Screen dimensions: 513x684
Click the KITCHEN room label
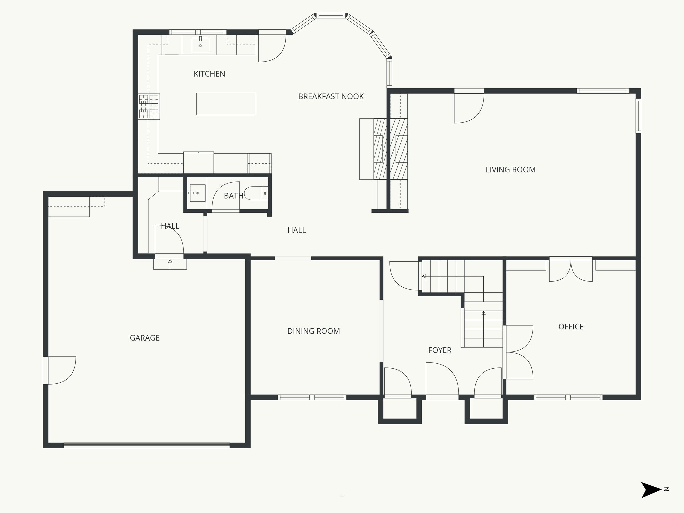(209, 74)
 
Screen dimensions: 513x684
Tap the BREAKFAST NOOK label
(331, 97)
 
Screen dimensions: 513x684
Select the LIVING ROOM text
(510, 170)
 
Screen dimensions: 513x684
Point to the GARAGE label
(145, 338)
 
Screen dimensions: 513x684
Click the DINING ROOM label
(313, 331)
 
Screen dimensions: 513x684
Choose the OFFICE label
(571, 327)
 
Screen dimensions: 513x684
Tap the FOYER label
(440, 350)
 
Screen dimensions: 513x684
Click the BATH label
(233, 196)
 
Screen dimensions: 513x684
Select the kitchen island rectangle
(226, 104)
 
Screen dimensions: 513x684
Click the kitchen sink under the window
(200, 45)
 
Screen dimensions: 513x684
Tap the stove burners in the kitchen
(149, 106)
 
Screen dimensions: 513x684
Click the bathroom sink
(197, 193)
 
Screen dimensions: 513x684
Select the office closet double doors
(571, 270)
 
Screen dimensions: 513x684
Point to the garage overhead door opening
(147, 445)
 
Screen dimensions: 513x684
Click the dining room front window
(312, 397)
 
